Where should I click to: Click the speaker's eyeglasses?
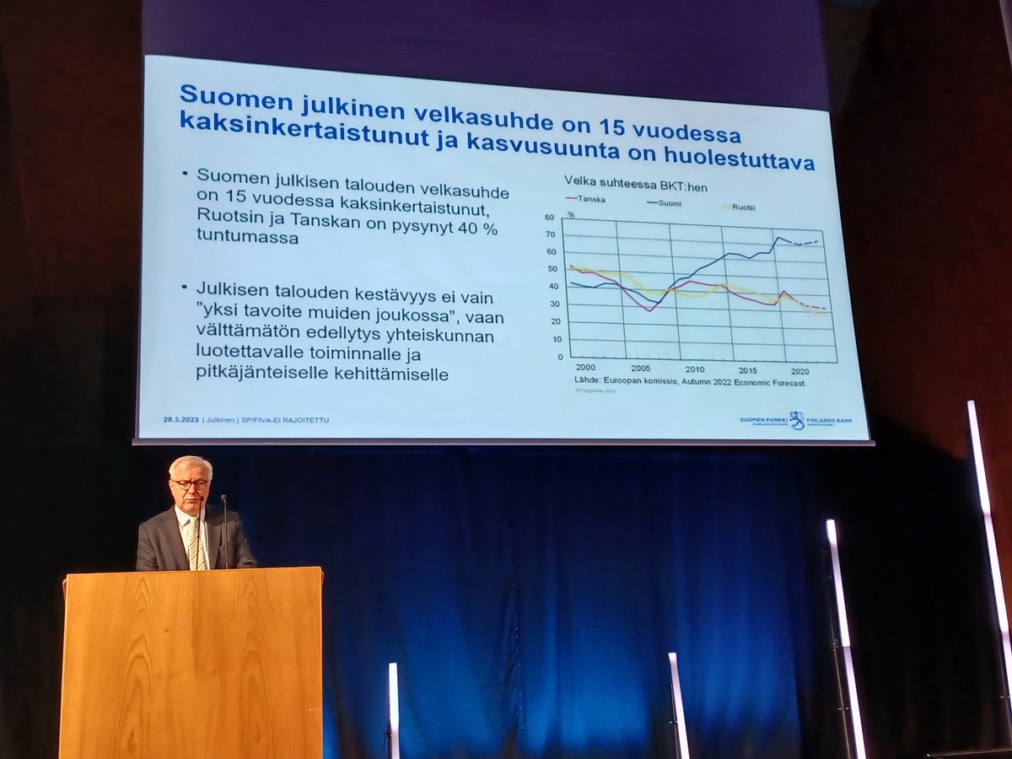(190, 484)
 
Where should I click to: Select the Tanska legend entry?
(587, 199)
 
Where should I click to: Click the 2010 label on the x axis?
(695, 369)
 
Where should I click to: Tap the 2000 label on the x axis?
(584, 368)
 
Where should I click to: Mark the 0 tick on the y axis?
(558, 357)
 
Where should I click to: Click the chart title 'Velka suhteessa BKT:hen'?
(625, 180)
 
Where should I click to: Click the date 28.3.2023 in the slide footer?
(181, 419)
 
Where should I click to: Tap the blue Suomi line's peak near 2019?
(777, 238)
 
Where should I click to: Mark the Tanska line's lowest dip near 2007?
(649, 310)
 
